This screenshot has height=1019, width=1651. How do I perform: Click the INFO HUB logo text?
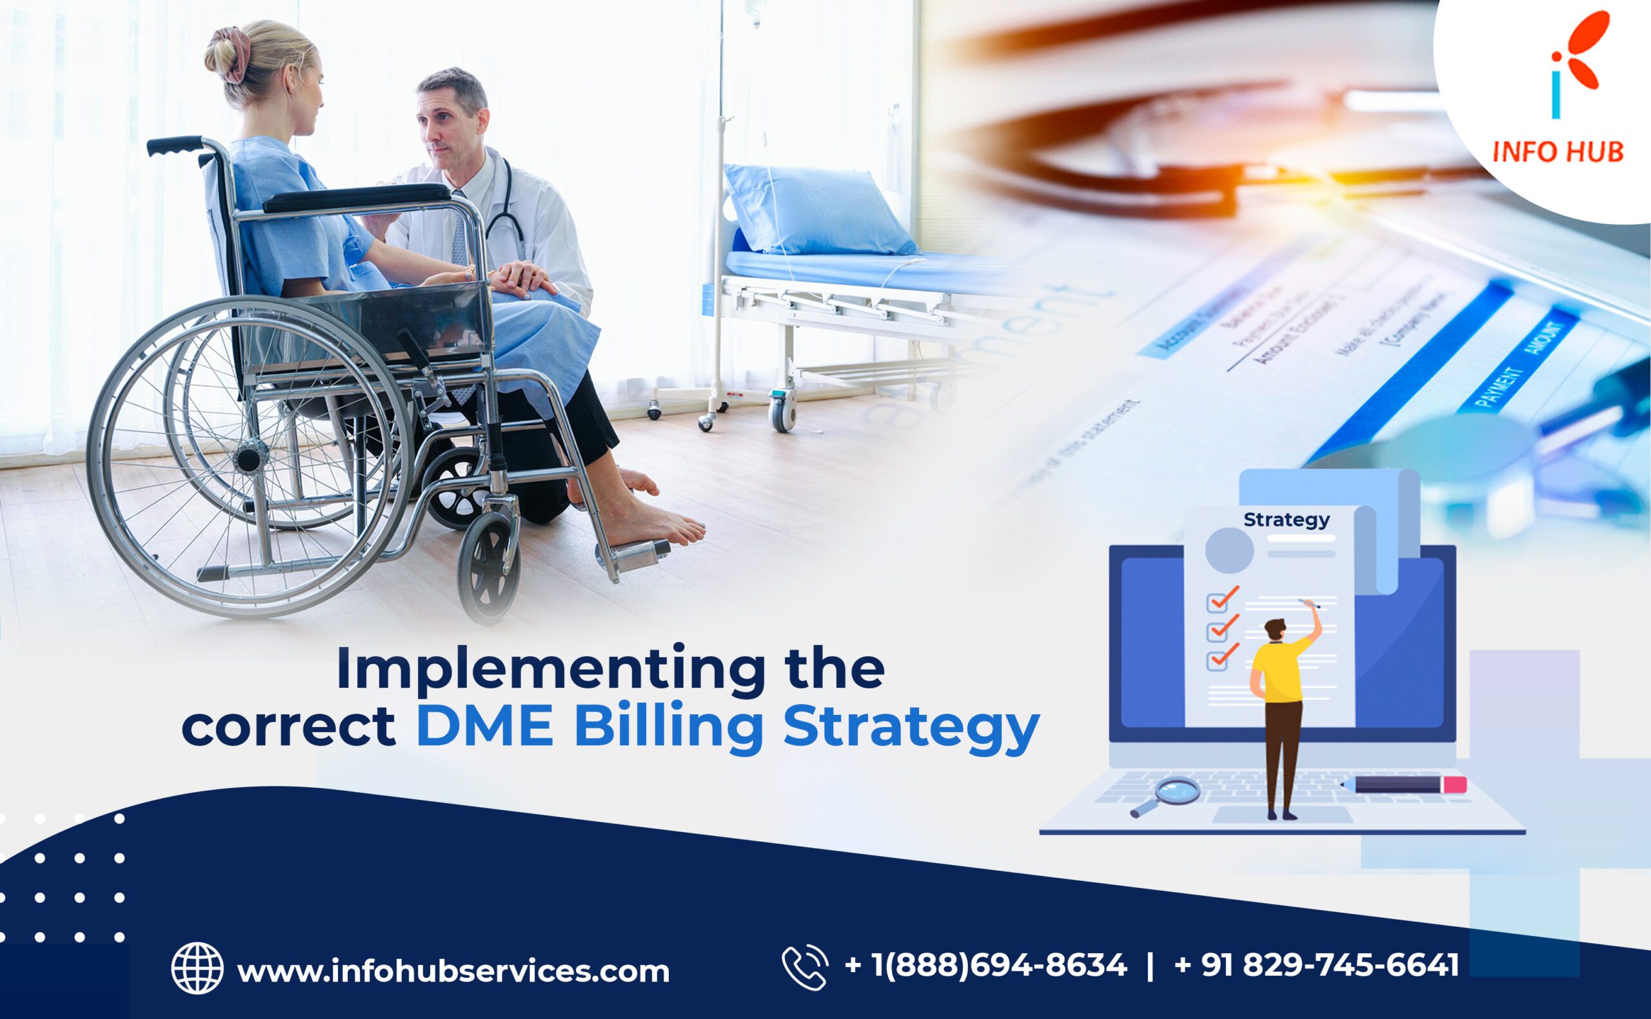1557,151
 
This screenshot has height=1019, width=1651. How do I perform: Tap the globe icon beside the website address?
197,969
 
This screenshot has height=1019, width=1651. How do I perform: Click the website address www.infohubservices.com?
453,971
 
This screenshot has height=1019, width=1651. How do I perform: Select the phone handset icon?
804,968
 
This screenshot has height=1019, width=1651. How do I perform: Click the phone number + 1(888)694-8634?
985,965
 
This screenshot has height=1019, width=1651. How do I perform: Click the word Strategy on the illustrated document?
1286,519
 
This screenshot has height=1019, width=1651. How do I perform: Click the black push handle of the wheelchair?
175,145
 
